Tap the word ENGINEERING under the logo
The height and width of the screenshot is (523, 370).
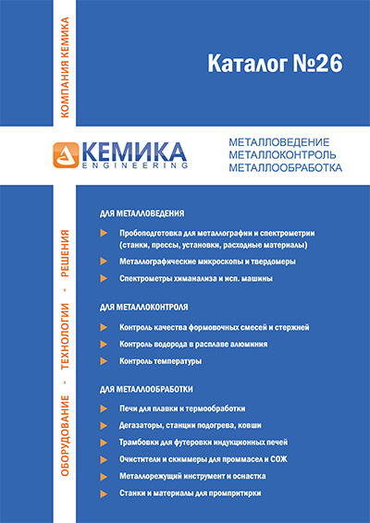pos(134,165)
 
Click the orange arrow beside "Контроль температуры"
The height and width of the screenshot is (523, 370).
pos(103,360)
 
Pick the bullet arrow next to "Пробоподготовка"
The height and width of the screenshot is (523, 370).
pos(103,233)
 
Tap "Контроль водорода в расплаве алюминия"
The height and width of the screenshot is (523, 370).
pos(194,344)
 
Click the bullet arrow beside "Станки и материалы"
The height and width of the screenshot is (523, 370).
pos(103,493)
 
